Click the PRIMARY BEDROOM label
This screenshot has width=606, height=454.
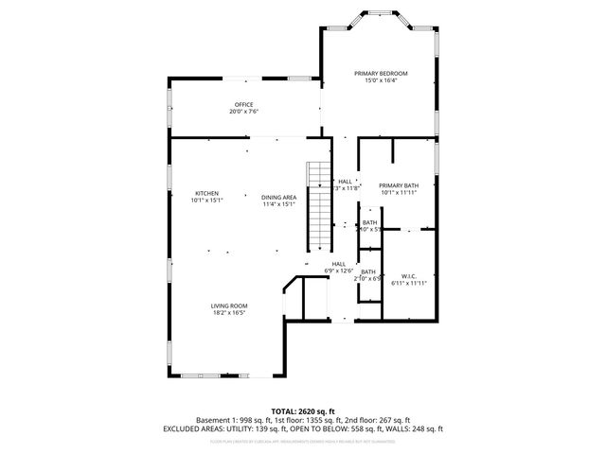(x=381, y=73)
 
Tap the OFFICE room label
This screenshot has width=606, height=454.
(x=243, y=104)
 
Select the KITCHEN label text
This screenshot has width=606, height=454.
(x=206, y=193)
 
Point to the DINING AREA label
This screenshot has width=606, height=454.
(x=279, y=197)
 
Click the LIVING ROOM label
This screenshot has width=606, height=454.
(x=229, y=306)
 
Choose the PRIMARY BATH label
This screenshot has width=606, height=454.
(x=398, y=185)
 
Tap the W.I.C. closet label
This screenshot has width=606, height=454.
(x=409, y=275)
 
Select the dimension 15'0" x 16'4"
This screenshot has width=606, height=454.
(x=381, y=80)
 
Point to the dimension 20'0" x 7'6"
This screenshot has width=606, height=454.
(x=243, y=112)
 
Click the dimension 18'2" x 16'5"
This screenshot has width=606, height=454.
(x=229, y=313)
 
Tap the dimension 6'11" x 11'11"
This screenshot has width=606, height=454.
(x=409, y=283)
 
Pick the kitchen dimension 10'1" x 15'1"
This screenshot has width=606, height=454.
(x=206, y=201)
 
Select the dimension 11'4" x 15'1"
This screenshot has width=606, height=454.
(x=279, y=204)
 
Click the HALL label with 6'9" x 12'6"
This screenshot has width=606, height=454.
(x=338, y=264)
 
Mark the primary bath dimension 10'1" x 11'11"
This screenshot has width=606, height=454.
(x=398, y=193)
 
